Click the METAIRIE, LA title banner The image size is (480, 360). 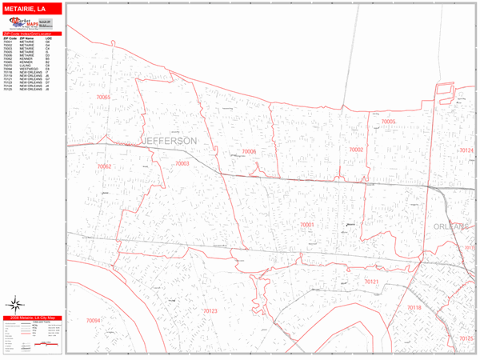click(x=32, y=7)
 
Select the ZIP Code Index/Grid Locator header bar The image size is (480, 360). click(x=32, y=33)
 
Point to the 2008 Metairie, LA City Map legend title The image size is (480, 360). click(x=31, y=318)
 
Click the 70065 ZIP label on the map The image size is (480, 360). click(x=103, y=98)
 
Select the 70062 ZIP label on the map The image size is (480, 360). click(x=104, y=166)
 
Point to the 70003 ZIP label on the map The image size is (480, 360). click(x=182, y=163)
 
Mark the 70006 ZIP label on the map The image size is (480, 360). click(x=249, y=151)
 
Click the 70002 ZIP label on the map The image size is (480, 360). click(x=355, y=150)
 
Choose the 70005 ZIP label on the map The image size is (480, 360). click(x=389, y=122)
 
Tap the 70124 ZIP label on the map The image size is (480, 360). click(x=466, y=150)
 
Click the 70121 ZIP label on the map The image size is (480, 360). click(x=371, y=282)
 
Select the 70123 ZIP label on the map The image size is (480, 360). click(x=210, y=310)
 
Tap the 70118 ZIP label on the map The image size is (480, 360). click(x=413, y=307)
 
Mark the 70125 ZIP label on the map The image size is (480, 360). click(x=466, y=338)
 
